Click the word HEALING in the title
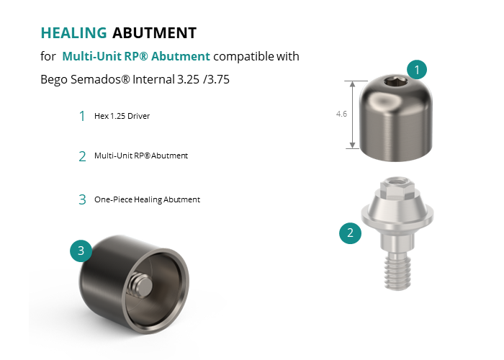pos(73,33)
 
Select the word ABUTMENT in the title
pos(154,33)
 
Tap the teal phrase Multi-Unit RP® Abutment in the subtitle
pos(136,56)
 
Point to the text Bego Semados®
pos(85,79)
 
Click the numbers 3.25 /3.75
pos(203,79)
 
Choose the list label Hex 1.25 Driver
pos(122,116)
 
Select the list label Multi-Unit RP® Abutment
pos(141,156)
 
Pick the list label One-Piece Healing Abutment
pos(147,199)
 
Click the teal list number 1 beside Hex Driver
pos(82,116)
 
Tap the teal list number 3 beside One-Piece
pos(82,199)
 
